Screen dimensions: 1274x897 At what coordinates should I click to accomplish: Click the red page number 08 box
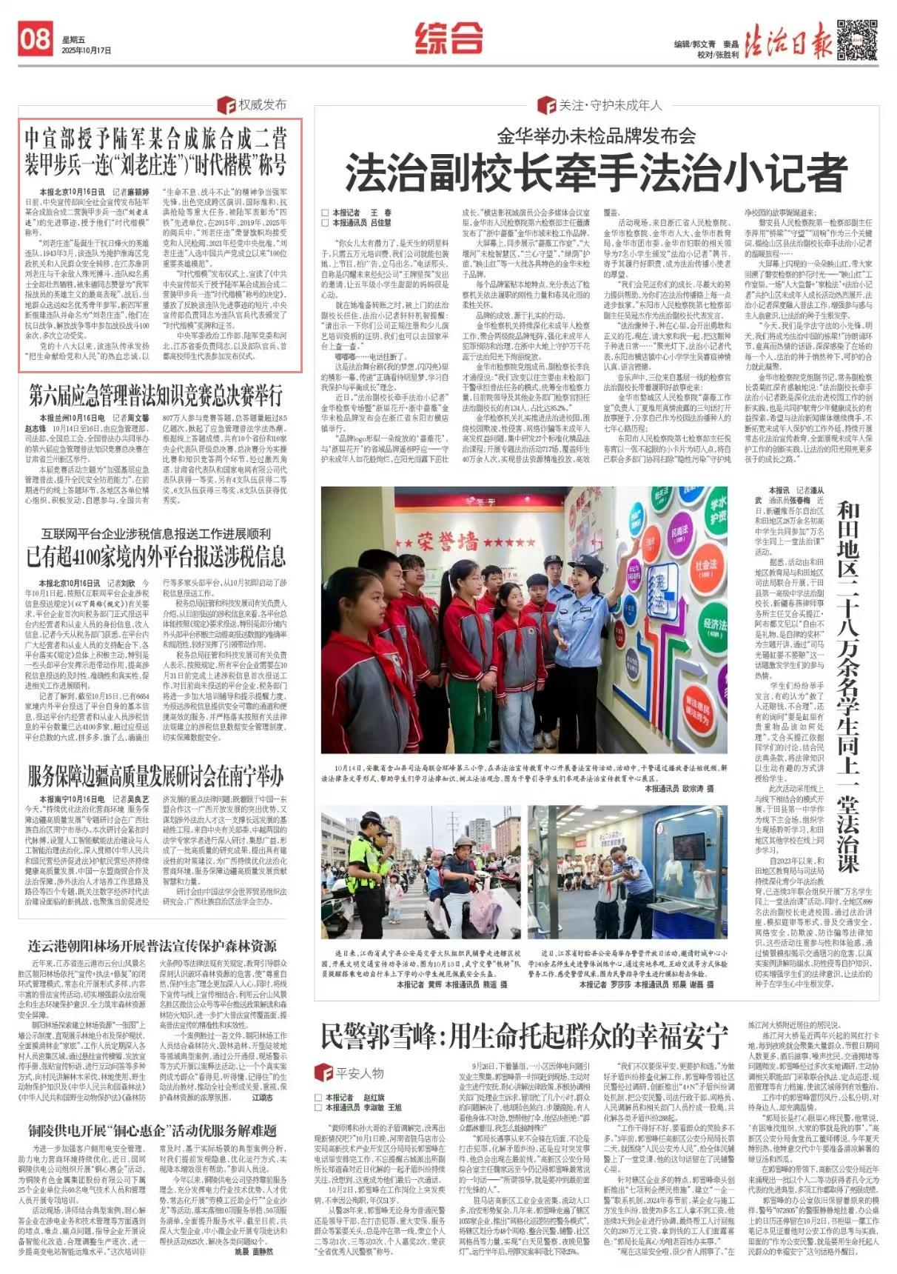[x=35, y=39]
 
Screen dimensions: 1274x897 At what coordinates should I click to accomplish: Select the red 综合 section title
[x=448, y=38]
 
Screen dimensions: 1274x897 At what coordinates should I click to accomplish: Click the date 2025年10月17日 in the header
[x=87, y=51]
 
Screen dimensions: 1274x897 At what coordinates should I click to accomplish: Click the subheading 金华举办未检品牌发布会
[x=596, y=136]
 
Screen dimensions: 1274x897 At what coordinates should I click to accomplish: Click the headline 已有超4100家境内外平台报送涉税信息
[x=156, y=556]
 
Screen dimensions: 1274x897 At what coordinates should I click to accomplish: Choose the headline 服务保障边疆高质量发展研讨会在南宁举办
[x=156, y=776]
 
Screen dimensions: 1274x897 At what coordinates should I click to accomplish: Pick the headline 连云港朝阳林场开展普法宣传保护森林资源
[x=152, y=946]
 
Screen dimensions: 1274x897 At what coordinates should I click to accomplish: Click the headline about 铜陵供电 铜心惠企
[x=152, y=1130]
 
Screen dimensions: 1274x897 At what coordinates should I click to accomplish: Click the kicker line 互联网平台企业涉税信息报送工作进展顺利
[x=156, y=533]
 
